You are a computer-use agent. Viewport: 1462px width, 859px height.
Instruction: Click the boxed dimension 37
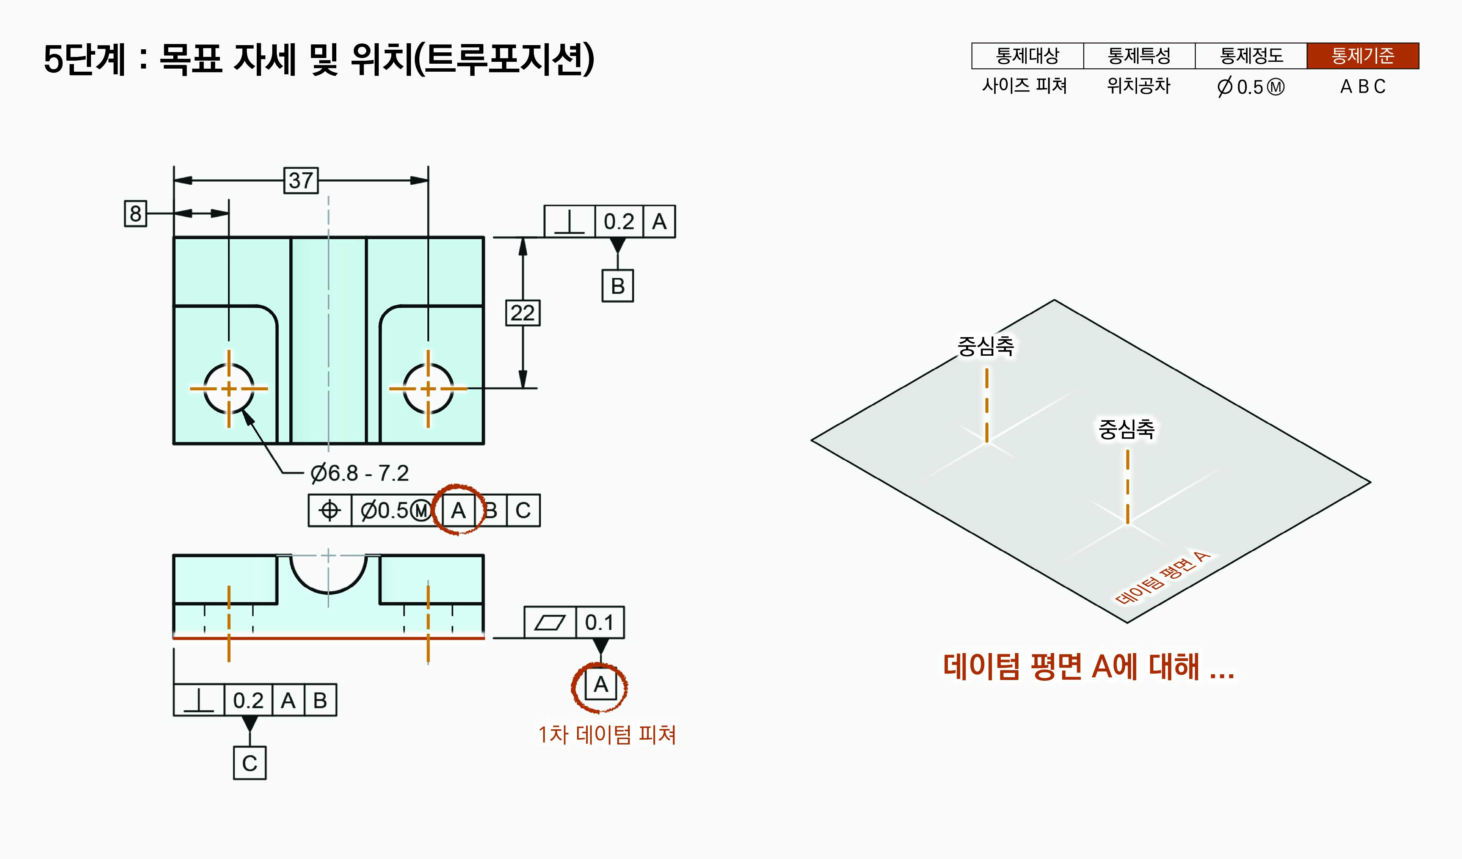[x=301, y=181]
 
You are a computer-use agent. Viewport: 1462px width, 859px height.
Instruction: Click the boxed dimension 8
[x=135, y=214]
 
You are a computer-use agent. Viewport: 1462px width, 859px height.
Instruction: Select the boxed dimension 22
[x=522, y=313]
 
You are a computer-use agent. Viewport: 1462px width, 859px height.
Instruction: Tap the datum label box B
[x=617, y=286]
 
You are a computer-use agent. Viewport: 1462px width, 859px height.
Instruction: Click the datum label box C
[x=249, y=763]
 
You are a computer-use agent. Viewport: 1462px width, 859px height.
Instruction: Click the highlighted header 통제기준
[x=1362, y=56]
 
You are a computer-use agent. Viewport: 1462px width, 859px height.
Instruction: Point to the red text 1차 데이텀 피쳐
[x=607, y=735]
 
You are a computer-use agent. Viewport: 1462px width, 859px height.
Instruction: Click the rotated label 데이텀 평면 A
[x=1162, y=578]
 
